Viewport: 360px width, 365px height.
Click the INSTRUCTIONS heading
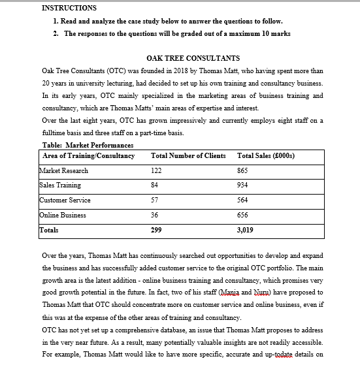click(x=69, y=8)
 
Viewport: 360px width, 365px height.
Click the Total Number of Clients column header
click(x=188, y=155)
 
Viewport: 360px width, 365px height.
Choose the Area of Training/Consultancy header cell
click(x=88, y=155)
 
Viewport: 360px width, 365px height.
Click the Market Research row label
click(x=64, y=170)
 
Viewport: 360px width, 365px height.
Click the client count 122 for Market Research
click(x=156, y=170)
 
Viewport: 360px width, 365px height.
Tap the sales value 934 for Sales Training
click(x=243, y=185)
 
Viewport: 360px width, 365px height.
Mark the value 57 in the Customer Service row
click(x=155, y=200)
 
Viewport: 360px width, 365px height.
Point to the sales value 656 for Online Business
click(x=243, y=215)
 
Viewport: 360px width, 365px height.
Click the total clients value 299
click(x=157, y=230)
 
